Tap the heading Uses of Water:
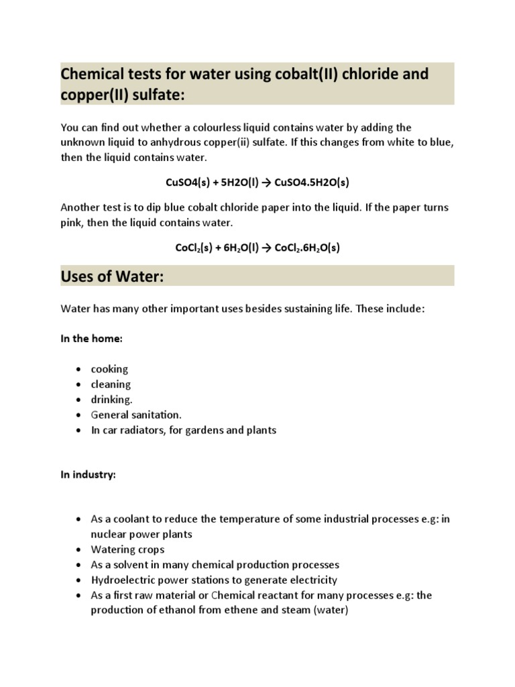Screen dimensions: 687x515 pos(112,276)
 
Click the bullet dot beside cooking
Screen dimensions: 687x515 pos(79,370)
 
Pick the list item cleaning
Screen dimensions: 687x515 pos(111,384)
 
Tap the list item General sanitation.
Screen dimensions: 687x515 pos(136,415)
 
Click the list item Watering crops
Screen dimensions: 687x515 pos(127,549)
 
